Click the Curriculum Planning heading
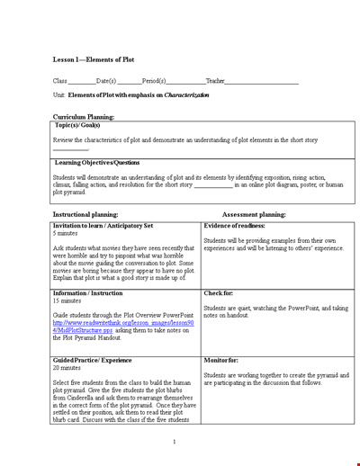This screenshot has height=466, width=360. point(83,117)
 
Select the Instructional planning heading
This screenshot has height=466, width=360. point(90,215)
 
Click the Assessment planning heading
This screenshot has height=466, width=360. point(253,215)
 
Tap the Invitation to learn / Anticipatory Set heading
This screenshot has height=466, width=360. point(103,226)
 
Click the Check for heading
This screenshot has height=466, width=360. point(220,292)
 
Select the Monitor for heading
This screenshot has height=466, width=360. point(223,359)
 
